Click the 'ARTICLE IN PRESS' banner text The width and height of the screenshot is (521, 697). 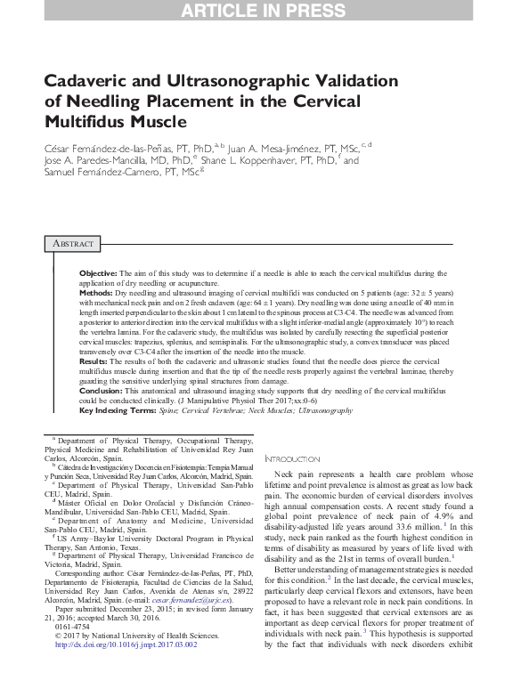tap(260, 11)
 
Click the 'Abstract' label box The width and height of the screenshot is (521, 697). tap(72, 243)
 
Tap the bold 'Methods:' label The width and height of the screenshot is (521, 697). tap(96, 292)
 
